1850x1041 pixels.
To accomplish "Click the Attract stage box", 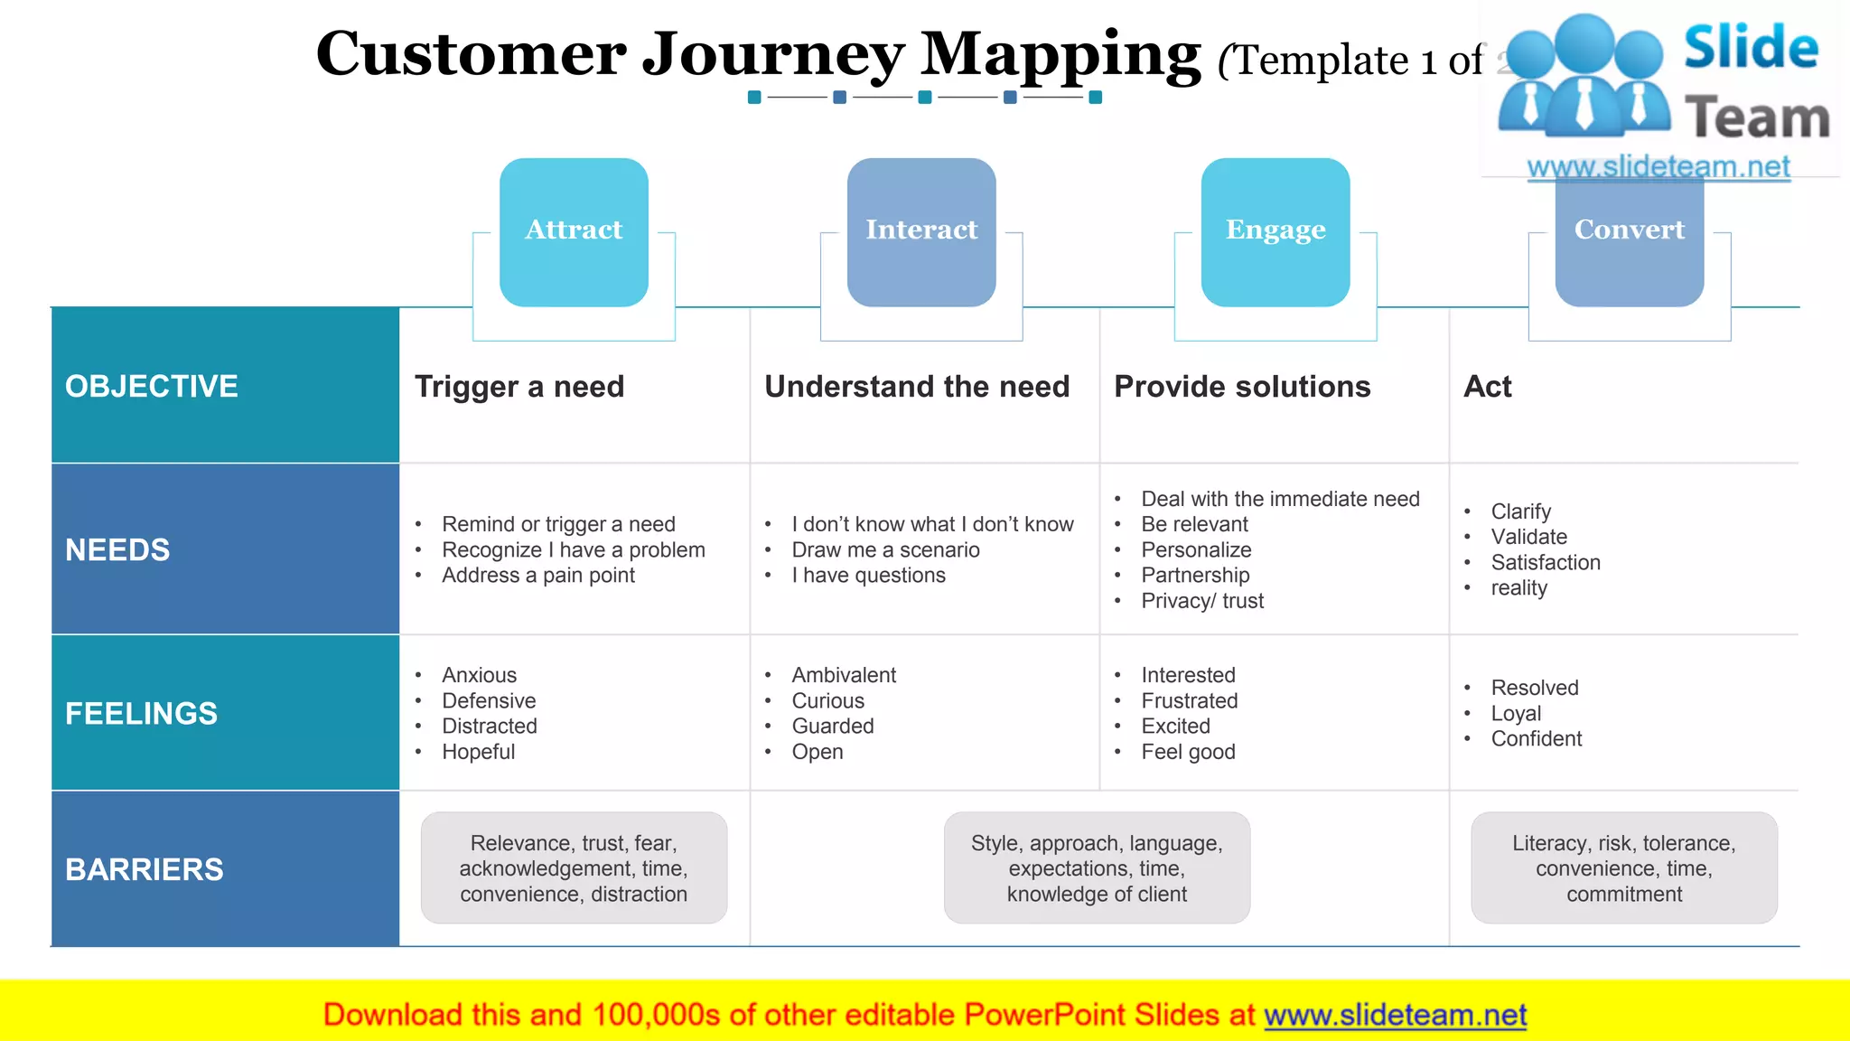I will (574, 231).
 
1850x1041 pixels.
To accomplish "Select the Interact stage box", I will (921, 231).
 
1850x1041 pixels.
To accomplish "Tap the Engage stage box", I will (1275, 231).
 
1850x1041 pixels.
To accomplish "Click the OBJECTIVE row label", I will (152, 387).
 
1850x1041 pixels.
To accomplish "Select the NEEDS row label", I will (117, 550).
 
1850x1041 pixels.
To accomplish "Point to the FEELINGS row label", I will (141, 714).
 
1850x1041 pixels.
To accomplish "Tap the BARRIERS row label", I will (145, 869).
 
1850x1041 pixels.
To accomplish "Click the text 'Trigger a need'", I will (519, 387).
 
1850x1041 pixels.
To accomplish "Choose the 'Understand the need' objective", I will (917, 387).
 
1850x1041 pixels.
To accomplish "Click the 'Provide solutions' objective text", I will (1242, 387).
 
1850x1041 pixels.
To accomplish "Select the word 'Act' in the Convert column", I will (1487, 387).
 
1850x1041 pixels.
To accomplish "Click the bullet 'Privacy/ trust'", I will (1201, 601).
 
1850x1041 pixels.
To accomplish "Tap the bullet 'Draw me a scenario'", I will (885, 550).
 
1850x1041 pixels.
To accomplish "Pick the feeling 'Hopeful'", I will (478, 752).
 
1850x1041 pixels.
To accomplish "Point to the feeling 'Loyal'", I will (1516, 714).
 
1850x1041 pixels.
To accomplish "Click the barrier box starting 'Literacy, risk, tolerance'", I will (1623, 867).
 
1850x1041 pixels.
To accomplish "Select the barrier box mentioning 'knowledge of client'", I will (1097, 867).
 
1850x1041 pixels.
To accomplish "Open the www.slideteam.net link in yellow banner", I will (1395, 1015).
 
